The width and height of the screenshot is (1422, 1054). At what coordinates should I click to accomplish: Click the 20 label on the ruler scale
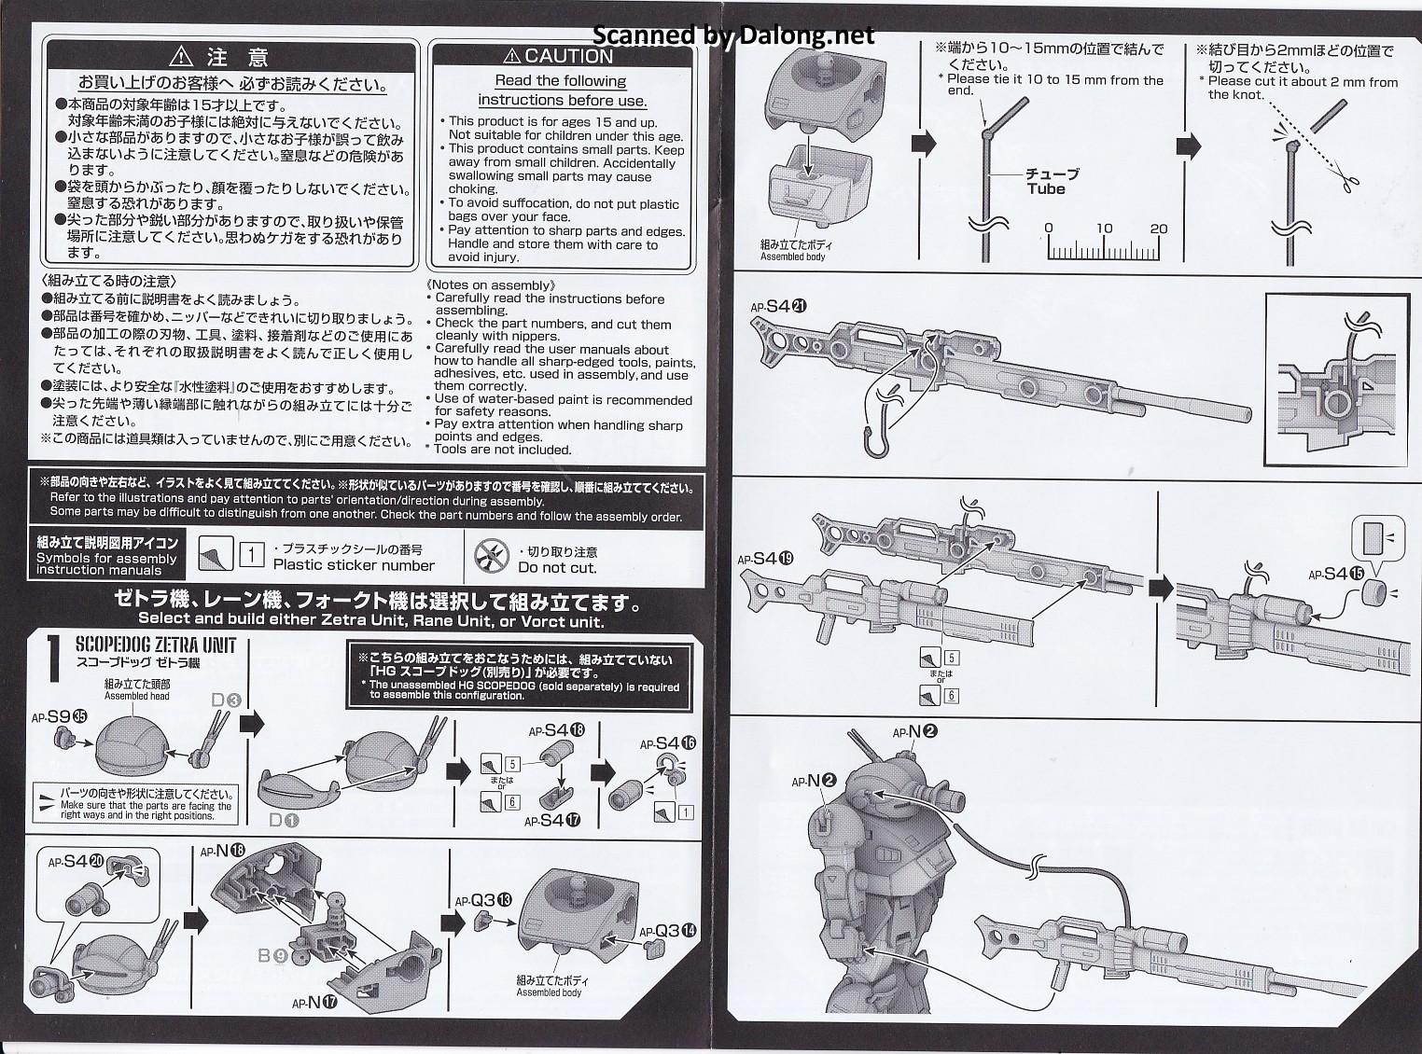pyautogui.click(x=1159, y=229)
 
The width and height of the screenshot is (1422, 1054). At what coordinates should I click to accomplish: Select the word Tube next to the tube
pyautogui.click(x=1046, y=188)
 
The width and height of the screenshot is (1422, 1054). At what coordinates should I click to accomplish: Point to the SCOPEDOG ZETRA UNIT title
pyautogui.click(x=156, y=645)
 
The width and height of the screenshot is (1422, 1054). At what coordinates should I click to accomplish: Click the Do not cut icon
pyautogui.click(x=489, y=558)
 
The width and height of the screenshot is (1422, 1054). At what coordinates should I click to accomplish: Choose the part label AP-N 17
pyautogui.click(x=314, y=1003)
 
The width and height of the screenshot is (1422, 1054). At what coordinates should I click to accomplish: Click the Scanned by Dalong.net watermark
pyautogui.click(x=734, y=35)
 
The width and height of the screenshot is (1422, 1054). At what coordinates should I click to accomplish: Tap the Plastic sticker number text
pyautogui.click(x=354, y=564)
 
